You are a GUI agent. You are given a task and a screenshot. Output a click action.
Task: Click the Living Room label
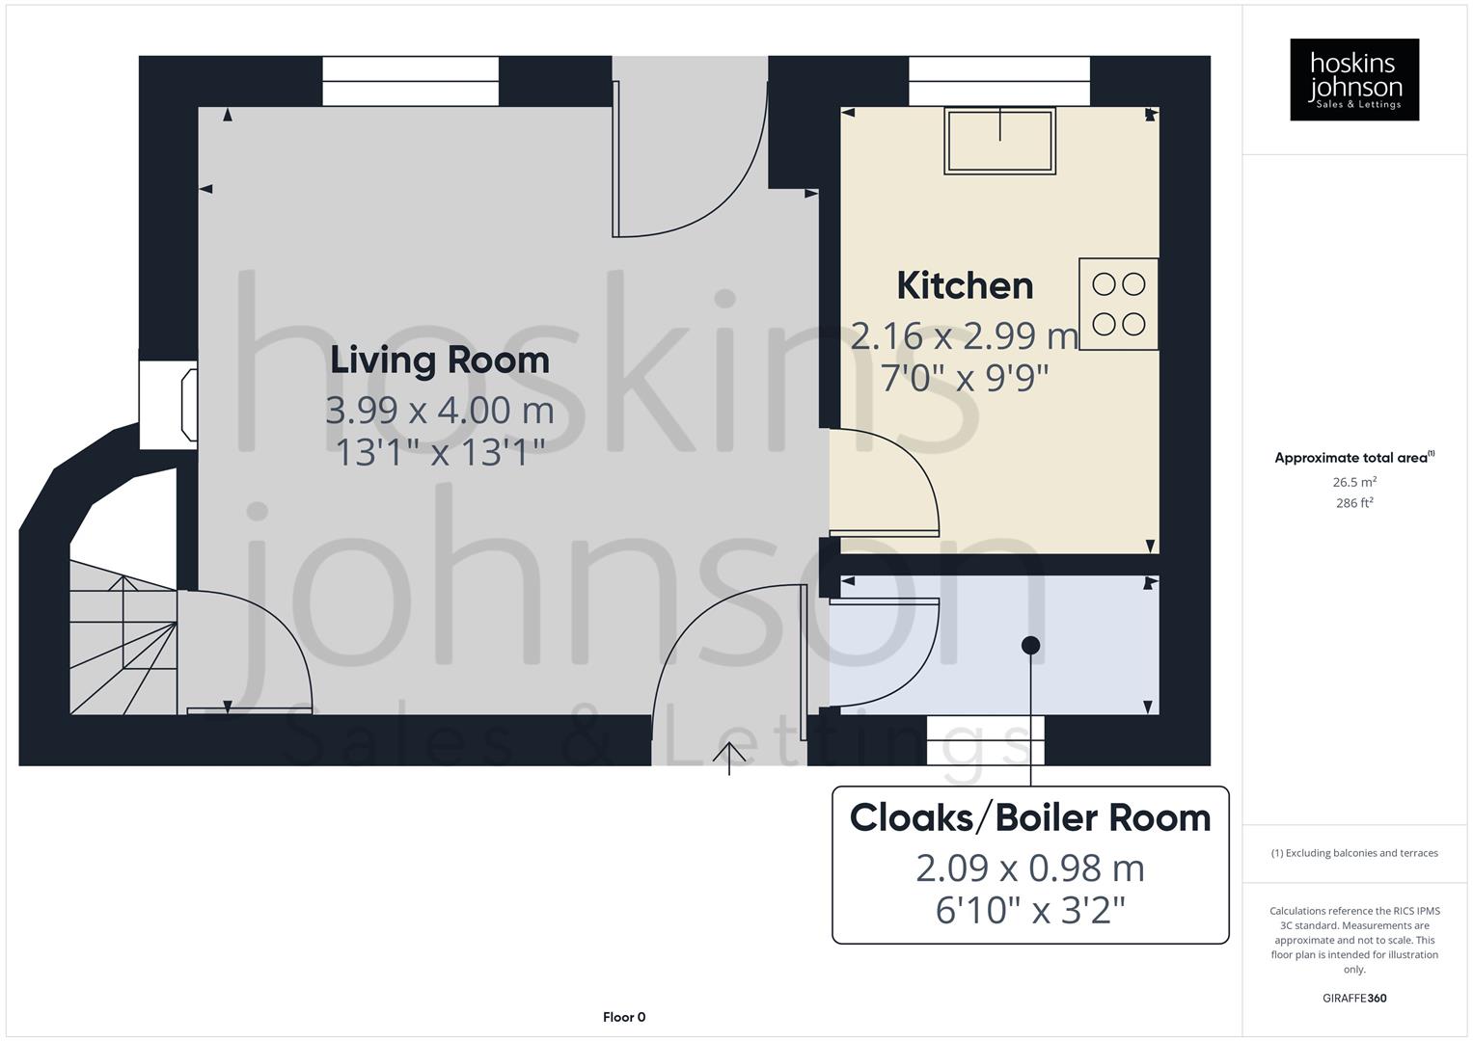[440, 360]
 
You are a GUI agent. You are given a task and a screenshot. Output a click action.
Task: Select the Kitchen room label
[965, 285]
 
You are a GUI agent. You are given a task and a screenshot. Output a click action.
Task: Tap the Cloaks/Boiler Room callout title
[1030, 817]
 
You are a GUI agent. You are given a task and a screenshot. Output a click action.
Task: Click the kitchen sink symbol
[999, 141]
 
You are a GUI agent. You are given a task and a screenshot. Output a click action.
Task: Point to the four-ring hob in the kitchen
[1118, 304]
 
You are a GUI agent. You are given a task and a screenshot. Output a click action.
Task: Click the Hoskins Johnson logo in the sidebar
[1354, 79]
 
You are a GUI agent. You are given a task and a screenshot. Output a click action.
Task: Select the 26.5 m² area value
[1354, 482]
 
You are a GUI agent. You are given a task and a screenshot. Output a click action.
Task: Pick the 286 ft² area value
[1354, 503]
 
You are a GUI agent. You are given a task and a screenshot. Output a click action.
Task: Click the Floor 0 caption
[624, 1017]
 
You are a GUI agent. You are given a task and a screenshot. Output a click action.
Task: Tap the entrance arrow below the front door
[729, 758]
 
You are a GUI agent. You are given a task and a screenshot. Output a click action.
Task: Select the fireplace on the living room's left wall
[170, 405]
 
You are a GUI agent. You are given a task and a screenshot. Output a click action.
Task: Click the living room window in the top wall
[410, 81]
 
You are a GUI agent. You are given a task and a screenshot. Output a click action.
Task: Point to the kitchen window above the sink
[999, 81]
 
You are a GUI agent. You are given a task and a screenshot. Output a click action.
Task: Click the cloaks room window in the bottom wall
[985, 740]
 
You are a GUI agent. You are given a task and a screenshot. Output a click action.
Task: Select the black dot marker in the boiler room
[1030, 645]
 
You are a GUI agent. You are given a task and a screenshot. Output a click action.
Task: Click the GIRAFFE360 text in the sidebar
[1354, 998]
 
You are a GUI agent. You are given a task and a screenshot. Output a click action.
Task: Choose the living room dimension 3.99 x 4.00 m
[440, 411]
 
